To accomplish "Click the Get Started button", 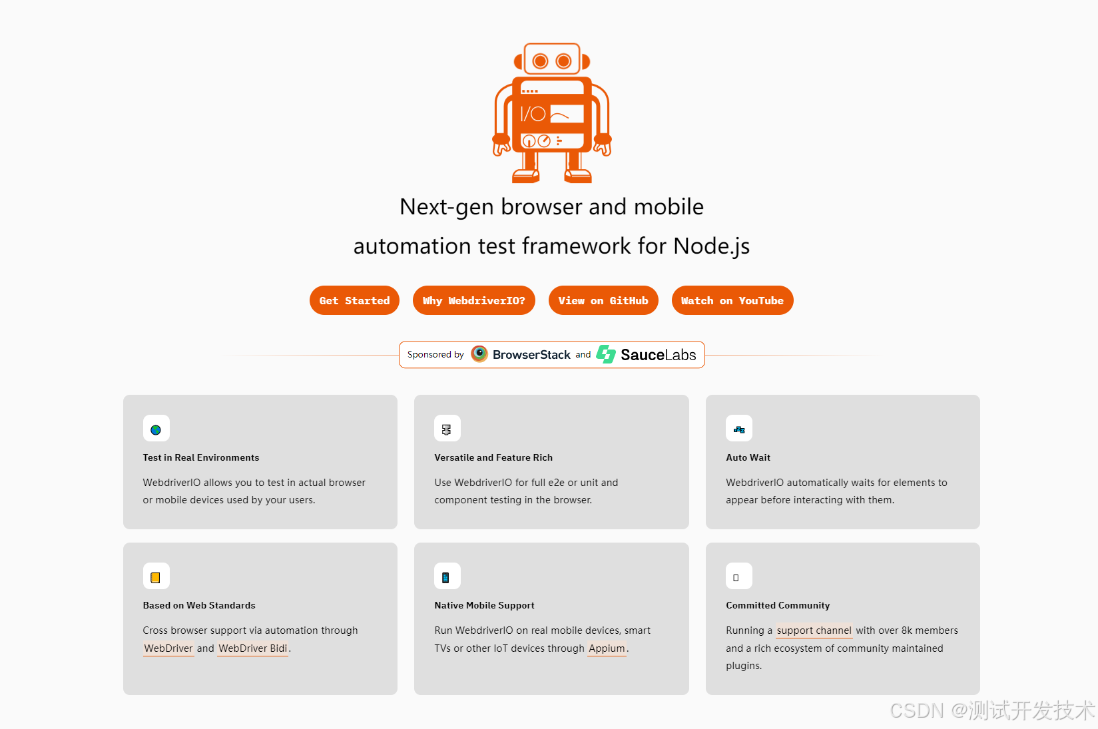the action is [x=354, y=300].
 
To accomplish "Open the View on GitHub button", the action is [x=603, y=300].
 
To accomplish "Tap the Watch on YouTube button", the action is [x=732, y=300].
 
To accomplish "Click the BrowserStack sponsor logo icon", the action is [x=479, y=354].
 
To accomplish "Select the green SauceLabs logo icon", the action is [x=606, y=354].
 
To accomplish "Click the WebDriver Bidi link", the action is [x=252, y=648].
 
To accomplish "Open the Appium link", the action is [x=607, y=648].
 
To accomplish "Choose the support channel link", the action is [x=814, y=630].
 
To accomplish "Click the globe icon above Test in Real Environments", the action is [x=156, y=430].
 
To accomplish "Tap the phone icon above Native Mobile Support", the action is [x=445, y=577].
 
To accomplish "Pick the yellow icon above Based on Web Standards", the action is [x=155, y=577].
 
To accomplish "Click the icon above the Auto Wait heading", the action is [x=738, y=430].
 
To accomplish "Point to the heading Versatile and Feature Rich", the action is [x=493, y=457].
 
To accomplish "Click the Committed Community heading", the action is [x=778, y=605].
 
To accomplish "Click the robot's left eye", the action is [x=540, y=61].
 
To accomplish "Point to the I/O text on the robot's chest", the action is [x=532, y=115].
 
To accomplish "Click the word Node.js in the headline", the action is [x=711, y=246].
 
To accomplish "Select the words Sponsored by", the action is [x=435, y=354].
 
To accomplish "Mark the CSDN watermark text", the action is [x=992, y=710].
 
